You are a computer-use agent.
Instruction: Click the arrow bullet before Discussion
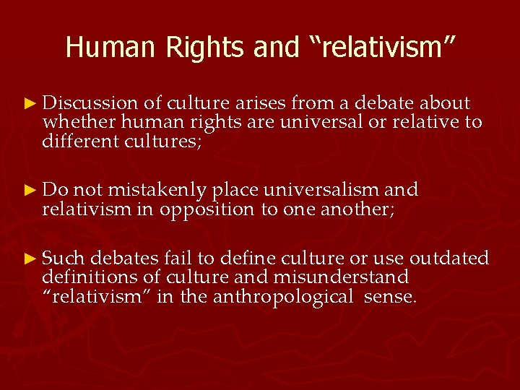tap(28, 104)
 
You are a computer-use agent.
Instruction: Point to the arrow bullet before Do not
tap(28, 190)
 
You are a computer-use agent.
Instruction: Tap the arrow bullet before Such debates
tap(28, 258)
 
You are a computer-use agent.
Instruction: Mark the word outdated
tap(449, 258)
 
